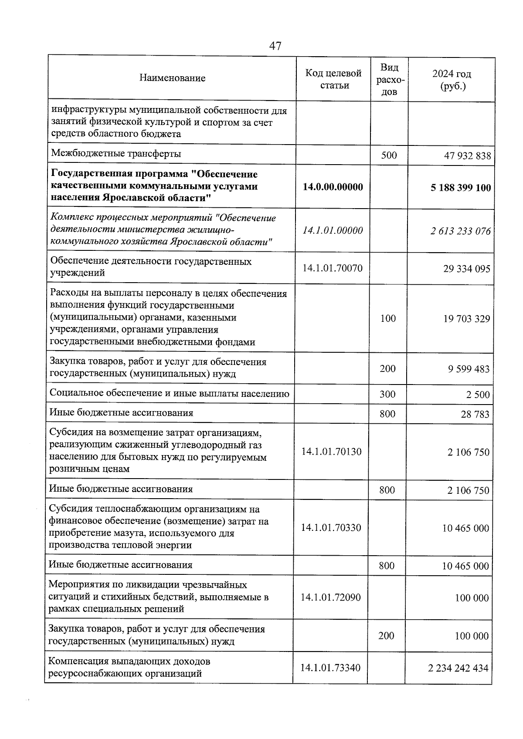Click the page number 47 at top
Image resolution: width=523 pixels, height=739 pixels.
[275, 46]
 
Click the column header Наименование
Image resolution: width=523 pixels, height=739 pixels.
[172, 78]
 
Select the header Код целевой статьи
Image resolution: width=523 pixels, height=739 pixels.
[333, 79]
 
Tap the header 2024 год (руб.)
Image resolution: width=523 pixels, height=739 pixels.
[452, 80]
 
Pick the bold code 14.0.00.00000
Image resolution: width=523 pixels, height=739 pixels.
[333, 187]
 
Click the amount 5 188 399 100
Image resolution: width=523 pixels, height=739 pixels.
[460, 188]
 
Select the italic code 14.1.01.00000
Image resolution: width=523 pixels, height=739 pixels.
[333, 230]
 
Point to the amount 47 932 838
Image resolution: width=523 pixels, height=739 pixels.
[467, 155]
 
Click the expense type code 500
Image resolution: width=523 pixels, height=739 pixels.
[389, 155]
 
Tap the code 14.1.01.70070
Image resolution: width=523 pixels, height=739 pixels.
[333, 268]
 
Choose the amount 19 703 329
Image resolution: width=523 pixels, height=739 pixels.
[466, 319]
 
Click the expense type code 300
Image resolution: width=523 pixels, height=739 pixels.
[387, 395]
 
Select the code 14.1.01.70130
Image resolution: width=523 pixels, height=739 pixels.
[331, 452]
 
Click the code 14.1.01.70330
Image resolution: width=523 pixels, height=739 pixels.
[331, 528]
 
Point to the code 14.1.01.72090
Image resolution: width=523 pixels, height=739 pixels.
[331, 597]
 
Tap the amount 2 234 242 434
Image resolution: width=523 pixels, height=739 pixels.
[458, 668]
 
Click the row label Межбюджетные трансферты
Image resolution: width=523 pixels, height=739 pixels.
[116, 154]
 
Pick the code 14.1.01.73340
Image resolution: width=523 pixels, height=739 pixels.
[331, 668]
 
